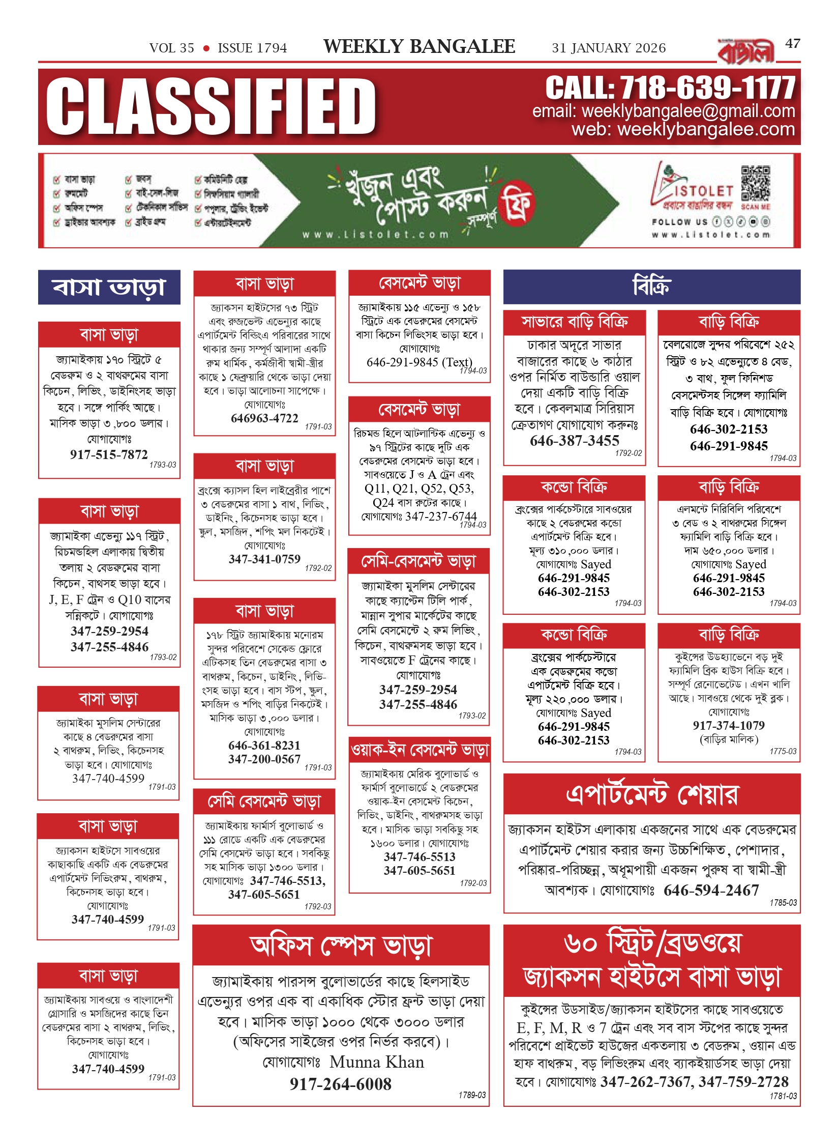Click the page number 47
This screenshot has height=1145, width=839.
tap(792, 44)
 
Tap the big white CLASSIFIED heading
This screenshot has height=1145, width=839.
tap(211, 107)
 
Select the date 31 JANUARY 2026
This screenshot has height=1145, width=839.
tap(609, 48)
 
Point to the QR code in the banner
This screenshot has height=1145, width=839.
tap(755, 183)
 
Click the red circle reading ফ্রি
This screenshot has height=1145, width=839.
tap(517, 203)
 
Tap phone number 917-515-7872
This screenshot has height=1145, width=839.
tap(109, 454)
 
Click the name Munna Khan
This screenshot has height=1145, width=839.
tap(377, 1062)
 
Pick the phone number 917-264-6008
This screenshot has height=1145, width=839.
tap(341, 1084)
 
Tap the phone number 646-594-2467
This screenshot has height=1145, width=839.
tap(711, 890)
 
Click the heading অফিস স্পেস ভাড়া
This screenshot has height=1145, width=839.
tap(341, 946)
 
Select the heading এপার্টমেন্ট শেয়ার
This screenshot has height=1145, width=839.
tap(651, 794)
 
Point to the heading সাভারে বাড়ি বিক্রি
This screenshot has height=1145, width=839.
tap(575, 322)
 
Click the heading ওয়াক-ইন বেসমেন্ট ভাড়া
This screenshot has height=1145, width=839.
tap(420, 750)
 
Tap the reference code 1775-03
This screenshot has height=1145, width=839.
tap(783, 751)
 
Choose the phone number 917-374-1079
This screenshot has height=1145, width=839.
tap(728, 725)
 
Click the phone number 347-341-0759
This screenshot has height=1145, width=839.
tap(264, 559)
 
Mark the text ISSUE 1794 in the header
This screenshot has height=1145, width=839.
tap(252, 48)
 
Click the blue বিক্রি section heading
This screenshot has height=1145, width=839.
tap(651, 287)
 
